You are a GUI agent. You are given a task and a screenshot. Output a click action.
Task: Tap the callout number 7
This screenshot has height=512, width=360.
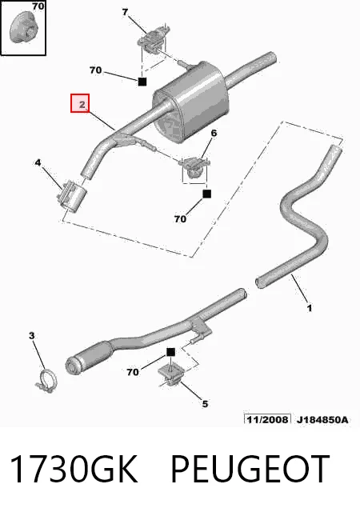[x=125, y=13]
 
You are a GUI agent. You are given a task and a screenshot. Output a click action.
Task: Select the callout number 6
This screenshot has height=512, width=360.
[x=214, y=134]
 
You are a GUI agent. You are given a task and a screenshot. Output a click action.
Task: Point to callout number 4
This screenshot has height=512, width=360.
[x=38, y=162]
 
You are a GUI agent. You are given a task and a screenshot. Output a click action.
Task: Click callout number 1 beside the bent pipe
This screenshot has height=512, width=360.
[x=309, y=307]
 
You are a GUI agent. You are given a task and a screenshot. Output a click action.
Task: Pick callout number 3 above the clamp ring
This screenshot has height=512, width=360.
[x=31, y=335]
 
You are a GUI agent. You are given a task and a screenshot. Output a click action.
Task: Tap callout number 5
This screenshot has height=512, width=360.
[x=205, y=404]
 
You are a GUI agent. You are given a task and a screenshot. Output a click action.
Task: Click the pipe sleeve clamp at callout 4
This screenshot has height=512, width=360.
[x=72, y=196]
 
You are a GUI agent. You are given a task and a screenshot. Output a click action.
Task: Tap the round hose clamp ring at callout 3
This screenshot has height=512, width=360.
[x=46, y=381]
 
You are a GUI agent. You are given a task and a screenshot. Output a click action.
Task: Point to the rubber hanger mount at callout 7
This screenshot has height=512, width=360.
[x=154, y=38]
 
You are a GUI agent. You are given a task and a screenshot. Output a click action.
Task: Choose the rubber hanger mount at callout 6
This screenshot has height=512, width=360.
[x=194, y=167]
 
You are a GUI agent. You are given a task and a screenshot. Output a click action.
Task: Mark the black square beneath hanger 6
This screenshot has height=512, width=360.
[x=206, y=194]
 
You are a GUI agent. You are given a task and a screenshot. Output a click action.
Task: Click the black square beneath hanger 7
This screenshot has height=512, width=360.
[x=142, y=82]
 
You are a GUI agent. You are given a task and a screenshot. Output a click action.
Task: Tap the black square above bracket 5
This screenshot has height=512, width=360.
[x=170, y=352]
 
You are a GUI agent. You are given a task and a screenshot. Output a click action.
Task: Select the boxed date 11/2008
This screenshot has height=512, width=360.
[x=267, y=419]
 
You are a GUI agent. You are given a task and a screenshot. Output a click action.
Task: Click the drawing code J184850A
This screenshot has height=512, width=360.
[x=322, y=419]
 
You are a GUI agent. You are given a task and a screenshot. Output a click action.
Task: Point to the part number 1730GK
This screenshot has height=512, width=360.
[x=74, y=468]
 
